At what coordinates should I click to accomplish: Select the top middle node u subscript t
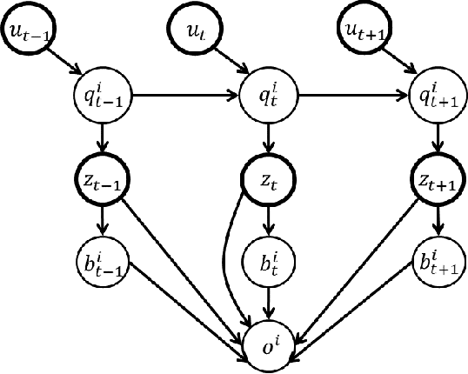click(x=195, y=31)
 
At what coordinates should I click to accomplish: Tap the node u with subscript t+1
click(x=361, y=31)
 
